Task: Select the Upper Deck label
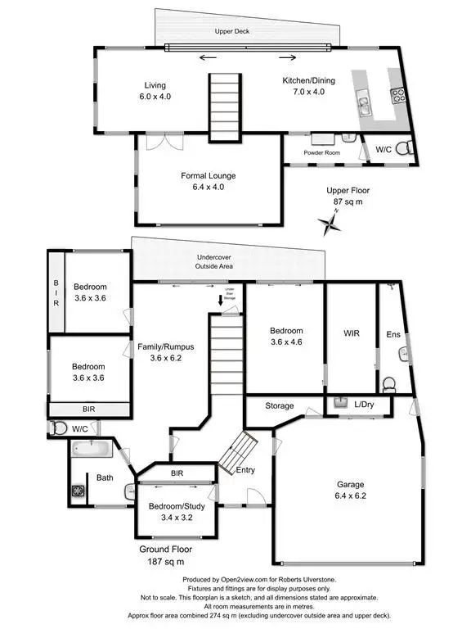pyautogui.click(x=231, y=32)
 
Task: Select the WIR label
pyautogui.click(x=351, y=333)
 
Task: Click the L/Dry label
pyautogui.click(x=365, y=405)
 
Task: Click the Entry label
pyautogui.click(x=244, y=470)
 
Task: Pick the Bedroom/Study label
pyautogui.click(x=175, y=505)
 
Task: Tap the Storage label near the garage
pyautogui.click(x=279, y=405)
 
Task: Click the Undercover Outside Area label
pyautogui.click(x=214, y=261)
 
